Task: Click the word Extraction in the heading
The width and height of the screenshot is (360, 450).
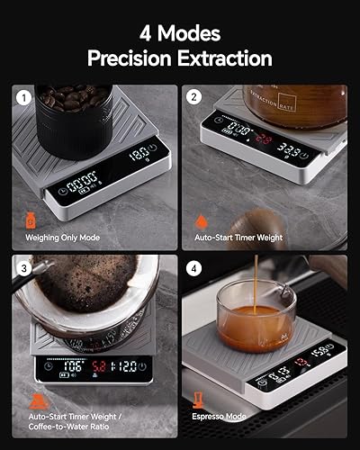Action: point(223,58)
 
